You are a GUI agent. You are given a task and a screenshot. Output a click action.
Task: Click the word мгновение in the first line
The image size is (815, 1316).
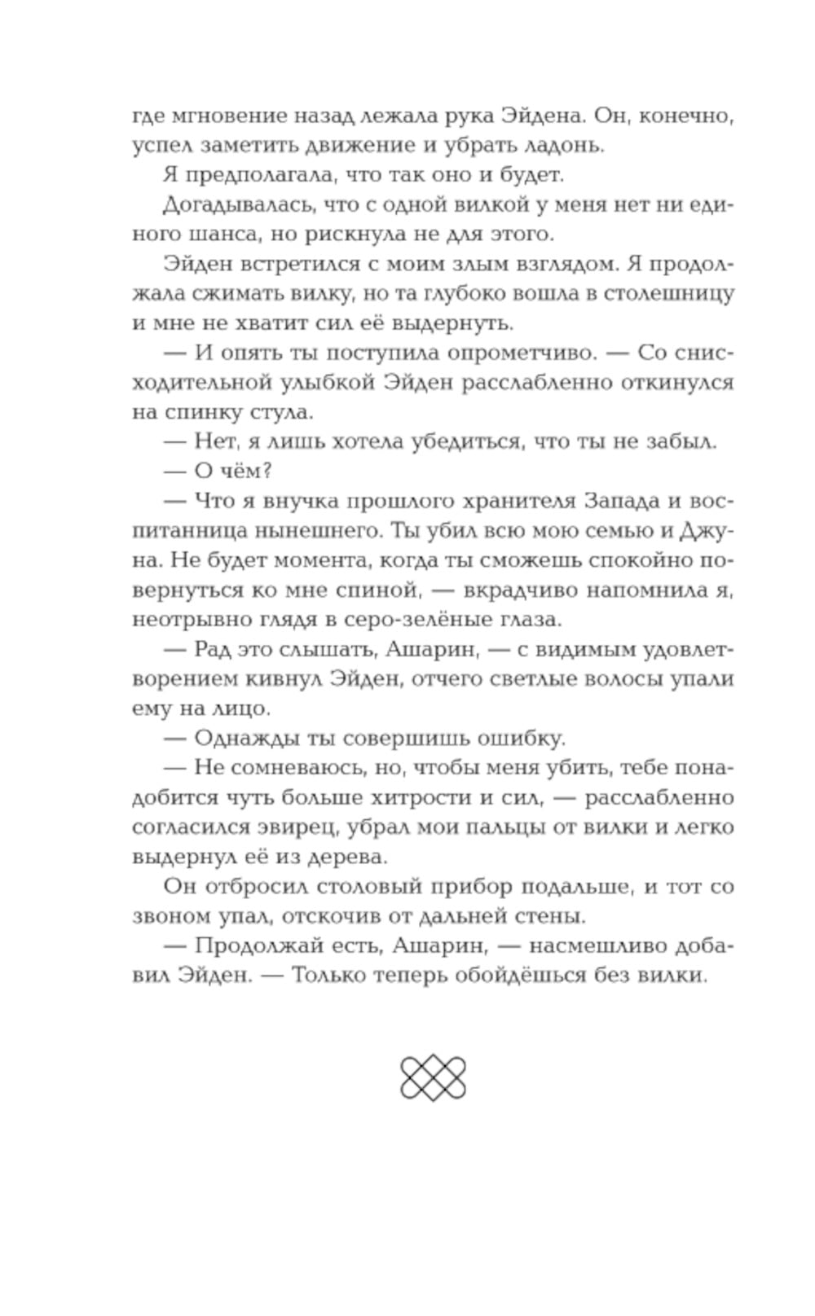tap(218, 116)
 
